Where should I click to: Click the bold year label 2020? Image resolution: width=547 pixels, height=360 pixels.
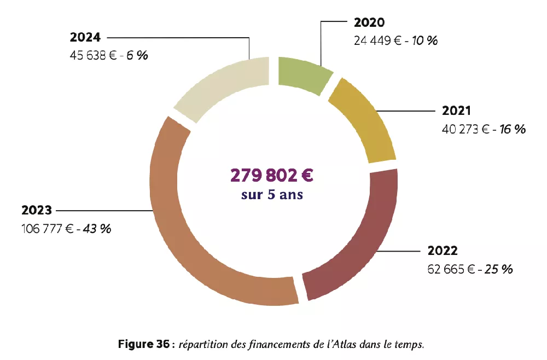click(369, 22)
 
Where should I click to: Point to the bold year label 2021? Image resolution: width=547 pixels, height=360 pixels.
click(456, 111)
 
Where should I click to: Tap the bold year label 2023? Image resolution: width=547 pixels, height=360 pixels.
click(37, 210)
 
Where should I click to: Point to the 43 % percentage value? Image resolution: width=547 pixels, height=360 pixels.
click(96, 229)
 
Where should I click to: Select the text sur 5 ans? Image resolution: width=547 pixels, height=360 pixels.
click(272, 194)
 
